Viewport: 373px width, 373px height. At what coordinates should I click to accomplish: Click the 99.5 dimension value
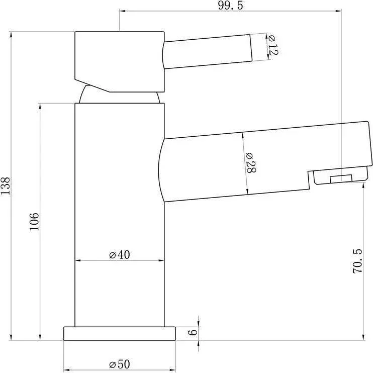[x=231, y=5]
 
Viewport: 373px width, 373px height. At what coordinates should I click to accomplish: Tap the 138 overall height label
[x=6, y=186]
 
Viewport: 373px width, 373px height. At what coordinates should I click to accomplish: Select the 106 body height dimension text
[x=34, y=222]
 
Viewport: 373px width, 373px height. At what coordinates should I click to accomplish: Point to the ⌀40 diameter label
[x=120, y=254]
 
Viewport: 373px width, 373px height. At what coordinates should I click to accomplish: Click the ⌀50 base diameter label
[x=120, y=364]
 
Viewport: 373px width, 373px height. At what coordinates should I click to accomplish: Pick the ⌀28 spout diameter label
[x=250, y=163]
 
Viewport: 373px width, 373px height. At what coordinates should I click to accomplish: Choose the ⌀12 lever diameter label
[x=272, y=45]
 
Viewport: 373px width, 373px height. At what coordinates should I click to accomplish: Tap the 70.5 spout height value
[x=357, y=261]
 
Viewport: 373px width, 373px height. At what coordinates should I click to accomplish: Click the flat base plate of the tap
[x=120, y=333]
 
